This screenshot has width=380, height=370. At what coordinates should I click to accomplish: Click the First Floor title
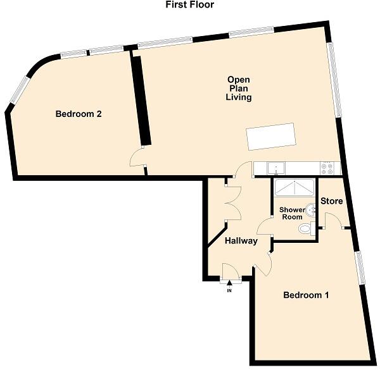click(189, 5)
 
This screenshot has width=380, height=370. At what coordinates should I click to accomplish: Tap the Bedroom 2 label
click(79, 114)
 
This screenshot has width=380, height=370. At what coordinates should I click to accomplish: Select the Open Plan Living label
click(239, 89)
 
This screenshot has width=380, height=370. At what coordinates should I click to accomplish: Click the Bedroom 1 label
click(307, 295)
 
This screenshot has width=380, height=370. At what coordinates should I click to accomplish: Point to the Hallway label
click(241, 241)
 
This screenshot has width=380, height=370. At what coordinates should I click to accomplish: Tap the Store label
click(332, 201)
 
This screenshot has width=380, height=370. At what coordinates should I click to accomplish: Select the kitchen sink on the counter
click(276, 168)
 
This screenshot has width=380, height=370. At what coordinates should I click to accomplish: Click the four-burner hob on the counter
click(327, 168)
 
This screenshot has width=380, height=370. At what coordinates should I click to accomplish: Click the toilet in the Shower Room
click(307, 228)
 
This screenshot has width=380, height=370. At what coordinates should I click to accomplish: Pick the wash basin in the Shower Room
click(310, 209)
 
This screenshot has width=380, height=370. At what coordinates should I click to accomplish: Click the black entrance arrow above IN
click(229, 283)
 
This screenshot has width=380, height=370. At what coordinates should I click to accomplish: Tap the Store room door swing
click(332, 220)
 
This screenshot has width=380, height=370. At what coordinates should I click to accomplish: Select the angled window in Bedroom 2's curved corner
click(20, 92)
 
